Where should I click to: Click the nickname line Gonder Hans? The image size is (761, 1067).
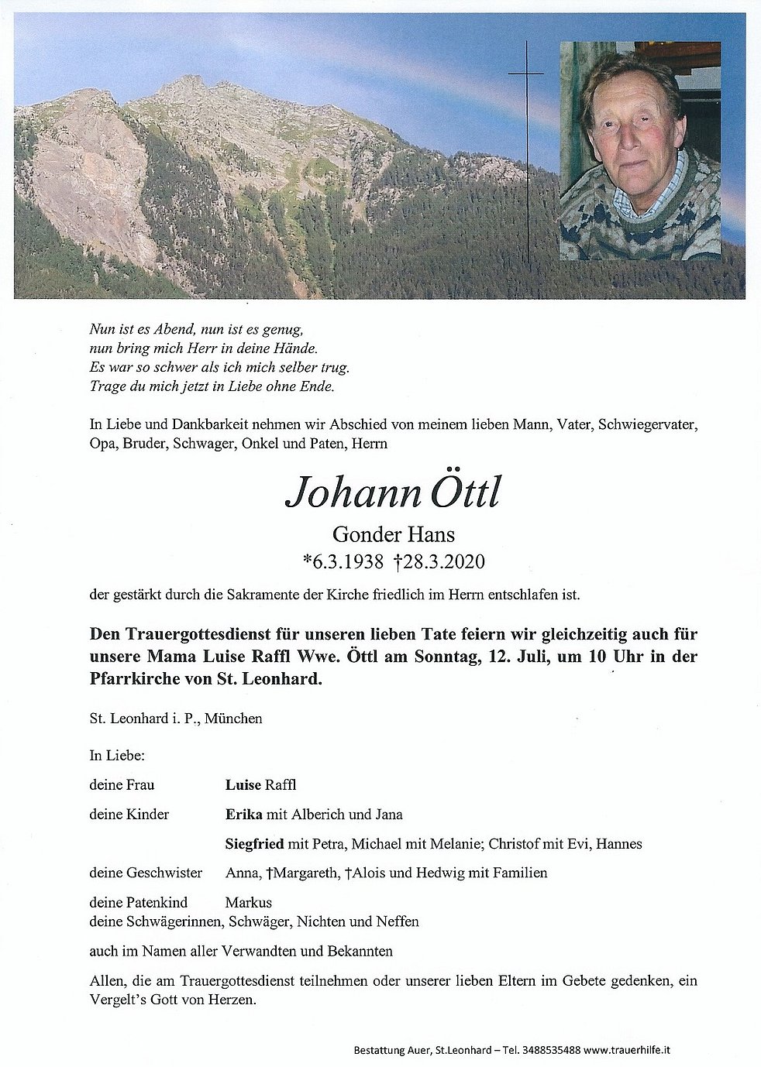(x=393, y=533)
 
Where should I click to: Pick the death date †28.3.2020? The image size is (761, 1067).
(x=439, y=561)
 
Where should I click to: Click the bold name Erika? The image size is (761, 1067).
(x=243, y=814)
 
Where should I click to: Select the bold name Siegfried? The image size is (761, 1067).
(x=254, y=843)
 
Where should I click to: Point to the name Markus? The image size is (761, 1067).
(x=248, y=902)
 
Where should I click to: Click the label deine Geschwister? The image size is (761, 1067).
(x=146, y=873)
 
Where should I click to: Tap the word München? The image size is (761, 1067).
(x=233, y=718)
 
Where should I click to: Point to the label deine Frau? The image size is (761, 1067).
(x=122, y=784)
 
